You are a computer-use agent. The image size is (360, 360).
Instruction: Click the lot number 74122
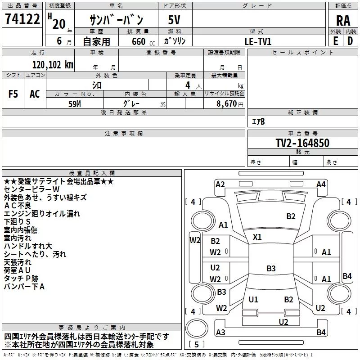[22, 19]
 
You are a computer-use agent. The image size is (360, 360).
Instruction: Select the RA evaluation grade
[343, 21]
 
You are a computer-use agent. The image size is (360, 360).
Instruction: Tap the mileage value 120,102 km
[53, 65]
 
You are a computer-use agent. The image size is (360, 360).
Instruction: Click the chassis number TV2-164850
[302, 143]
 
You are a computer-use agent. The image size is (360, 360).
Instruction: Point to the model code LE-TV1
[258, 41]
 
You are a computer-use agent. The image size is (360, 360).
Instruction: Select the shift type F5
[13, 94]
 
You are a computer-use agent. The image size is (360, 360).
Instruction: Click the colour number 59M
[75, 104]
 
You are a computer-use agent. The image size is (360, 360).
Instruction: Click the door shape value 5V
[174, 20]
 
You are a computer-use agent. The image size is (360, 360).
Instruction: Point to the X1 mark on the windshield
[257, 237]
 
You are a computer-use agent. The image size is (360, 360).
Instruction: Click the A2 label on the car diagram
[220, 184]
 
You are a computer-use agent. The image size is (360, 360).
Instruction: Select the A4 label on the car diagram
[321, 184]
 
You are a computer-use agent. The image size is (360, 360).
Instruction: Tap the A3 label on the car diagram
[220, 332]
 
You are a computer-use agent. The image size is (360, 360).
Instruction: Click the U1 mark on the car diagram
[253, 299]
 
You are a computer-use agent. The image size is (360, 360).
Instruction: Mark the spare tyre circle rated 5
[197, 328]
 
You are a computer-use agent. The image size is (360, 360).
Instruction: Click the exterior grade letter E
[335, 41]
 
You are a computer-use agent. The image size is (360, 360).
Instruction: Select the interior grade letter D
[350, 41]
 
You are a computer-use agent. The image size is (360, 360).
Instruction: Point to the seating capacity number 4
[188, 85]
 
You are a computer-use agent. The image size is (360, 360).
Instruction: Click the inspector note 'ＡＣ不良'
[18, 206]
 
